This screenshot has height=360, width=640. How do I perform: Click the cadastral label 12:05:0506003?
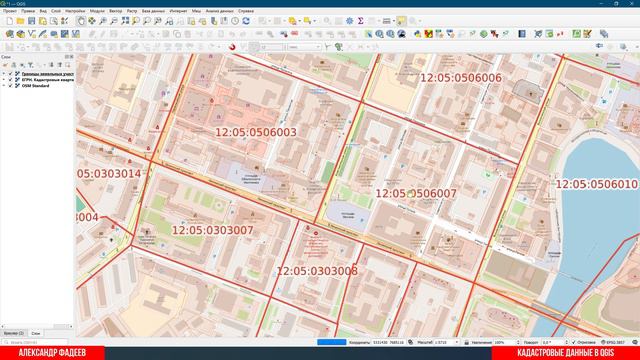[256, 132]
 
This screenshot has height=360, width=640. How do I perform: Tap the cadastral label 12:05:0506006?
[460, 78]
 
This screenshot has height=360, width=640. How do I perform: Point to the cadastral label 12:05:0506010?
[596, 184]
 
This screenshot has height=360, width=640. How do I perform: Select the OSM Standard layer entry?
[37, 86]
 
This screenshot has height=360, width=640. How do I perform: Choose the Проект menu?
[10, 10]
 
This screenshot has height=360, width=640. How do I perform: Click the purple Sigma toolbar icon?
[360, 20]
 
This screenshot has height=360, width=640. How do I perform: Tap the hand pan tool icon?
[81, 20]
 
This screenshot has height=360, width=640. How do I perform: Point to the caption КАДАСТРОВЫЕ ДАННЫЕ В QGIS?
[573, 353]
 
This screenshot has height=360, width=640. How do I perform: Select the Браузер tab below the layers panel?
[13, 332]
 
